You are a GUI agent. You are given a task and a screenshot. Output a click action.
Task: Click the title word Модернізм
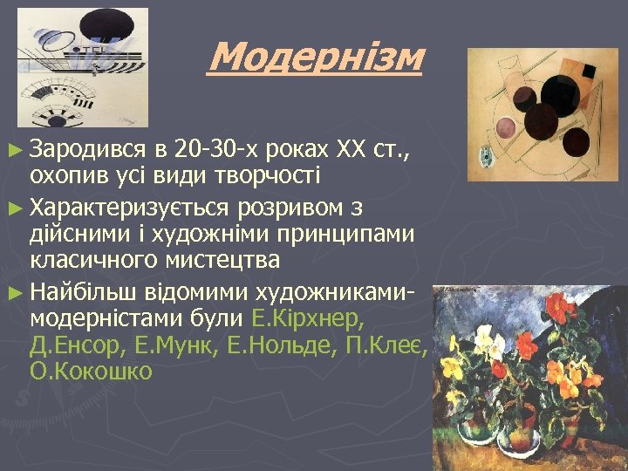click(316, 58)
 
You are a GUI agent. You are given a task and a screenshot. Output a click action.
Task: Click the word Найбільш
click(78, 291)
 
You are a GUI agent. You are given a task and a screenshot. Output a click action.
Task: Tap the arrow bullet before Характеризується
click(17, 210)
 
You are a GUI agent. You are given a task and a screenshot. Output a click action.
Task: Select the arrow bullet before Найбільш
click(17, 292)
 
